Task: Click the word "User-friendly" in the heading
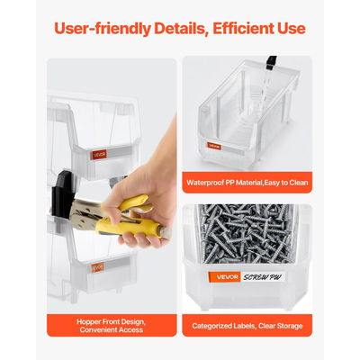click(x=103, y=29)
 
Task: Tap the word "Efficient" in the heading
click(x=244, y=28)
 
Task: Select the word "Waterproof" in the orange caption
click(x=205, y=183)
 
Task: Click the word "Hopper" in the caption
click(x=89, y=322)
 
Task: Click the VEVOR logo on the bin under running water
click(x=214, y=147)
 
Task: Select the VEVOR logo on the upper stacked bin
click(x=99, y=155)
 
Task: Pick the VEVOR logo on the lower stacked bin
click(x=97, y=267)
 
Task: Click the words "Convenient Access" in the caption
click(x=112, y=330)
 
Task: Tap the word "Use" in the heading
click(x=292, y=28)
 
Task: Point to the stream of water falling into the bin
click(x=264, y=90)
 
